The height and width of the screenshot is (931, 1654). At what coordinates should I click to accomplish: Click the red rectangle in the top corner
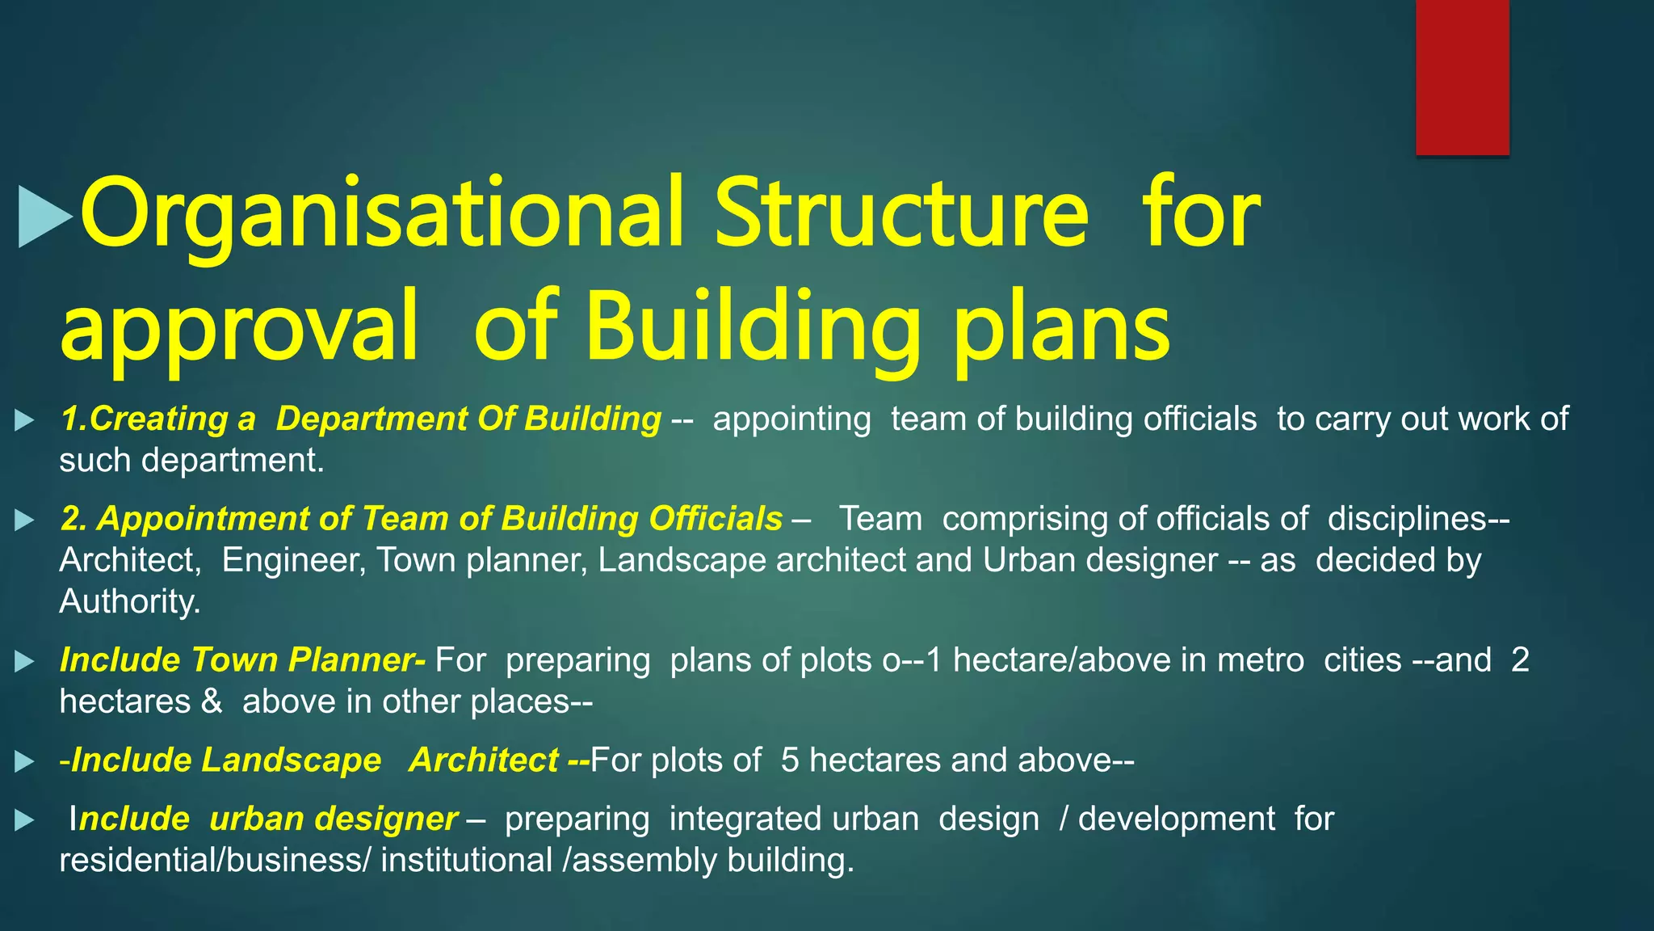tap(1462, 77)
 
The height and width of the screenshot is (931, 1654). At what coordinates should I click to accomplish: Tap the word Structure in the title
tap(901, 214)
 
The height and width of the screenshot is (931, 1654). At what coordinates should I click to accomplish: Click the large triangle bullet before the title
tap(44, 217)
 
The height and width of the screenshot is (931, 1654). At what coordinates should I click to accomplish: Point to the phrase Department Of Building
tap(468, 419)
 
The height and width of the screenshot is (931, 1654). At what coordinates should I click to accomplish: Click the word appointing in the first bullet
tap(791, 419)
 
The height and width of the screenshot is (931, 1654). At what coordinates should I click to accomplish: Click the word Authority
tap(129, 602)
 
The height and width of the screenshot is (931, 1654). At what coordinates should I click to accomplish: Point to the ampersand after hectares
tap(212, 701)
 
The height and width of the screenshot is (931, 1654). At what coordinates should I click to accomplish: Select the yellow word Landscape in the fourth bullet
tap(291, 760)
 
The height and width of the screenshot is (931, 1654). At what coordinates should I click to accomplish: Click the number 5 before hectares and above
tap(790, 760)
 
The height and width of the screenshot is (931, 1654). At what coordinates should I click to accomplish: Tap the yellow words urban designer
tap(333, 819)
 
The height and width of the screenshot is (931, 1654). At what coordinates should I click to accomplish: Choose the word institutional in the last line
tap(466, 861)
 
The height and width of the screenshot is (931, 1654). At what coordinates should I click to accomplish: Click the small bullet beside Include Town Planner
tap(24, 662)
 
